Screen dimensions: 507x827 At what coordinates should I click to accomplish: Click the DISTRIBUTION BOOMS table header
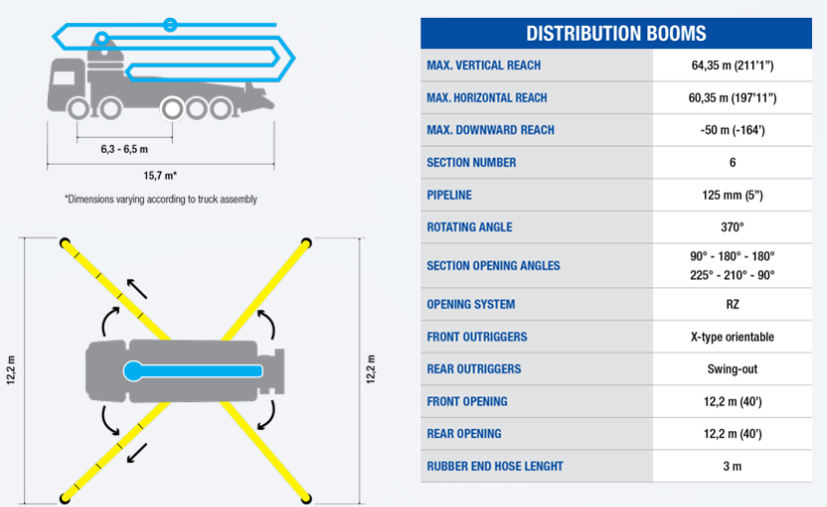pyautogui.click(x=616, y=33)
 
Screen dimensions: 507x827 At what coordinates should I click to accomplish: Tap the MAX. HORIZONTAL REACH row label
pyautogui.click(x=486, y=98)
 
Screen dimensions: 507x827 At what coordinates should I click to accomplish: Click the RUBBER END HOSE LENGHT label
pyautogui.click(x=494, y=466)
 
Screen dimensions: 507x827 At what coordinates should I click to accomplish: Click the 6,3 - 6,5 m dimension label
pyautogui.click(x=124, y=149)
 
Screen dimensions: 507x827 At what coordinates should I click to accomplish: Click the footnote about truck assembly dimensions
pyautogui.click(x=161, y=199)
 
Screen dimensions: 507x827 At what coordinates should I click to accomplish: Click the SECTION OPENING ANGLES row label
pyautogui.click(x=493, y=265)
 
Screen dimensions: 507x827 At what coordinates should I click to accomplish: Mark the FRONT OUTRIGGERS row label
pyautogui.click(x=476, y=337)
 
